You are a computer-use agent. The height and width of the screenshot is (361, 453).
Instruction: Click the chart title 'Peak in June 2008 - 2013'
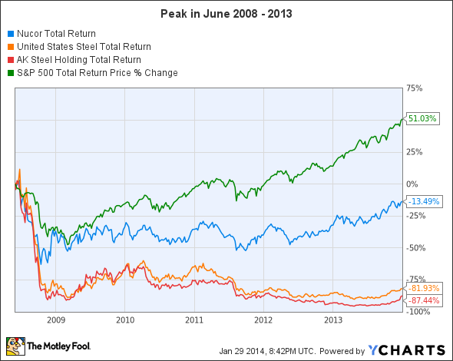pos(226,14)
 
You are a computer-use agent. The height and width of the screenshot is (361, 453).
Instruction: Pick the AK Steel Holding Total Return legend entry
pos(77,60)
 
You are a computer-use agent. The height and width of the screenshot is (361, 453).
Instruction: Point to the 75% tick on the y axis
pos(415,88)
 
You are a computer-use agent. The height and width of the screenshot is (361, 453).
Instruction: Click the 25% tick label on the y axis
pos(415,151)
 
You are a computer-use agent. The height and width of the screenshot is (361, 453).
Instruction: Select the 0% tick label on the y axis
pos(412,184)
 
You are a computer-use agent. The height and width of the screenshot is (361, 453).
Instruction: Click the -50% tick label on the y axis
pos(415,247)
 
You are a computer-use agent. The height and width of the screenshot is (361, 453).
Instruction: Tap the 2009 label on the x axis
pos(55,319)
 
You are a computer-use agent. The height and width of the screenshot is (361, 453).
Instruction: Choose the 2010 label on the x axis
pos(124,319)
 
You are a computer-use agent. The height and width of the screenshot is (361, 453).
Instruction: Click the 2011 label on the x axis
pos(193,319)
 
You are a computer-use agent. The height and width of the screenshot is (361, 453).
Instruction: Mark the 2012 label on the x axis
pos(263,319)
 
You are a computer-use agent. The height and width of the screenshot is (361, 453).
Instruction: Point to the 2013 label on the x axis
pos(332,319)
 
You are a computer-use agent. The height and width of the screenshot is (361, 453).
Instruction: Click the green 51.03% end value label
pos(423,119)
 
